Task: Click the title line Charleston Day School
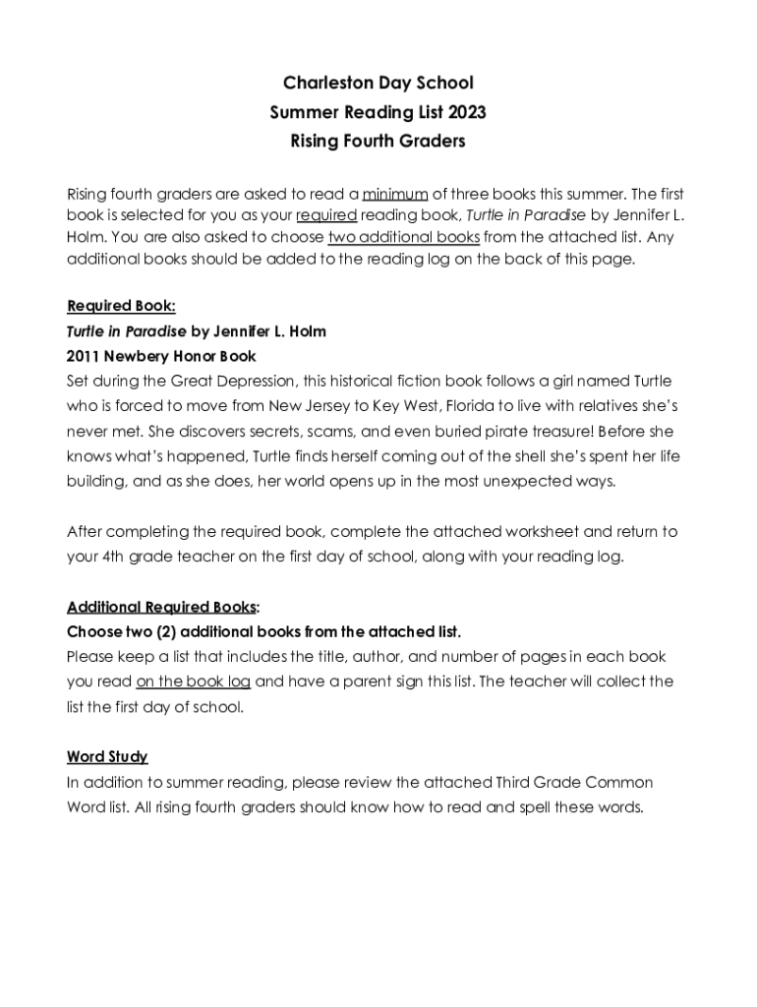click(378, 83)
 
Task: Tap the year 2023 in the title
click(465, 112)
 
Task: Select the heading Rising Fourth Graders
click(378, 142)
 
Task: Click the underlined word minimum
click(395, 193)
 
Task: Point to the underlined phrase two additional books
click(404, 237)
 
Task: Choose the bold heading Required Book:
click(121, 306)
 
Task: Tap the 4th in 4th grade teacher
click(114, 557)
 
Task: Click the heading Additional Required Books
click(161, 607)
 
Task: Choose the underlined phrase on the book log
click(194, 681)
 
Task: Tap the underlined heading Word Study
click(107, 756)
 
